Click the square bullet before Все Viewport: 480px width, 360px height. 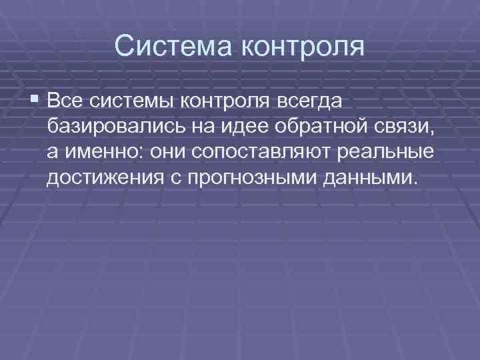pyautogui.click(x=35, y=100)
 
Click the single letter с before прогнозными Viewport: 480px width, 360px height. pyautogui.click(x=179, y=177)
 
